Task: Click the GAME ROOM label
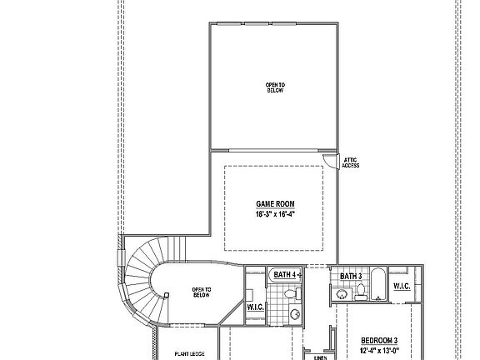click(275, 204)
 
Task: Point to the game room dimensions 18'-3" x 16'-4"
click(275, 214)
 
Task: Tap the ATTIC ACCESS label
click(352, 162)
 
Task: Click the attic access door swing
click(332, 161)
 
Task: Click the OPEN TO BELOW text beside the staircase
click(202, 292)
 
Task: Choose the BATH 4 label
click(284, 274)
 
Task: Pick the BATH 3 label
click(350, 276)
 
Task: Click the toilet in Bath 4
click(288, 294)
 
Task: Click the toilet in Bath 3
click(361, 291)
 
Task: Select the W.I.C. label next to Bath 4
click(254, 307)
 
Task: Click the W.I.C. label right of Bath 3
click(401, 287)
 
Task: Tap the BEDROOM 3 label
click(379, 340)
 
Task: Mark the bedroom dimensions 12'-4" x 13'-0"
click(379, 350)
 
